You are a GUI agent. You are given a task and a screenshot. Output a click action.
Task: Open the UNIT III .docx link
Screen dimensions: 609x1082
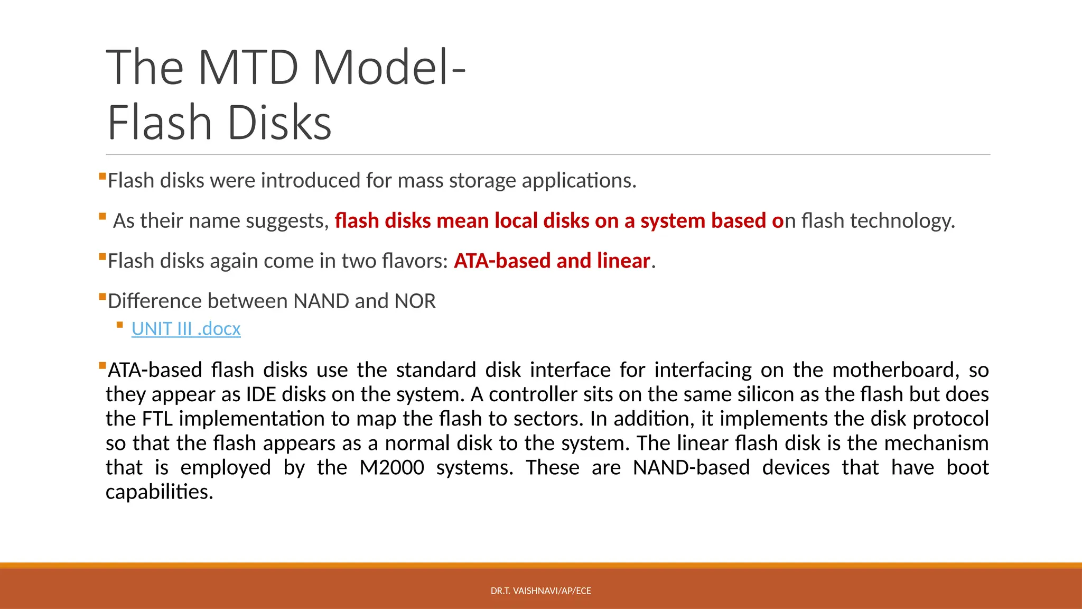pos(186,329)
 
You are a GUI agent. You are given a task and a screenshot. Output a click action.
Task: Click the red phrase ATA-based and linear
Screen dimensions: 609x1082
pos(552,261)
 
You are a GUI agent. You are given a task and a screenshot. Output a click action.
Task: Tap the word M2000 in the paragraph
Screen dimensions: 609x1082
pos(391,468)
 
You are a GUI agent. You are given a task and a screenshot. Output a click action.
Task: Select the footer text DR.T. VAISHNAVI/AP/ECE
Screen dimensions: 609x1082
pos(540,591)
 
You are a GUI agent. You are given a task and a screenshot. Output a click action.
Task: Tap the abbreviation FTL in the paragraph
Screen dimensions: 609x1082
pos(157,419)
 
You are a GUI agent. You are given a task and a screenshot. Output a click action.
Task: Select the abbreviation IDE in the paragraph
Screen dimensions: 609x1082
pos(261,395)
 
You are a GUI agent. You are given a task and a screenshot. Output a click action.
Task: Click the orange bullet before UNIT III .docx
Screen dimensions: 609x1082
pos(120,325)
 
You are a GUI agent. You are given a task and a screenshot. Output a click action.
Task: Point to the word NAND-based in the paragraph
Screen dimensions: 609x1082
pos(691,468)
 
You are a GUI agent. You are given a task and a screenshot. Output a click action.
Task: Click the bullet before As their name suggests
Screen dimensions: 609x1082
pos(102,216)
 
